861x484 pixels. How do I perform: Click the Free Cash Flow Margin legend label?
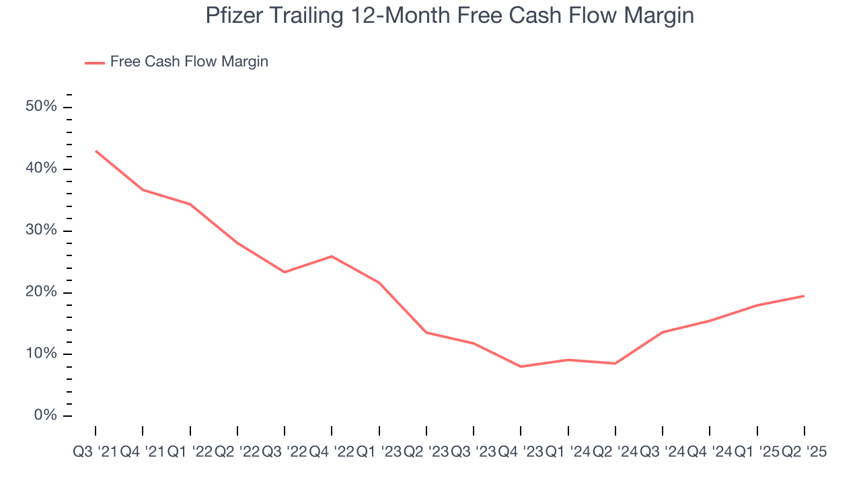[189, 62]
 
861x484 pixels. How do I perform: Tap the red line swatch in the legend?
[95, 63]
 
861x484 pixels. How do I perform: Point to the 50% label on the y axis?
[42, 108]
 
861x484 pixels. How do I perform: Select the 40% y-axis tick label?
[42, 169]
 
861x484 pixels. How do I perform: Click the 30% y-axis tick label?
[42, 231]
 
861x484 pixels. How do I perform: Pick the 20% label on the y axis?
[42, 292]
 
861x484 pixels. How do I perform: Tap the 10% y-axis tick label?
[42, 354]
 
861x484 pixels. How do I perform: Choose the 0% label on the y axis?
[46, 416]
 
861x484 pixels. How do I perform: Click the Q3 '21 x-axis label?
[95, 452]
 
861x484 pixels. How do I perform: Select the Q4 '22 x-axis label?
[332, 452]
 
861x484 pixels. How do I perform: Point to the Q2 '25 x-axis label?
[804, 452]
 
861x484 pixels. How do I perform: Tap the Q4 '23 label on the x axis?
[521, 452]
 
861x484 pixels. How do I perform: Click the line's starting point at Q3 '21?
[96, 151]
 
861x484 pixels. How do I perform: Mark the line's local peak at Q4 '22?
[332, 256]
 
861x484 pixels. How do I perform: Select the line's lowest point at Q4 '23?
[521, 366]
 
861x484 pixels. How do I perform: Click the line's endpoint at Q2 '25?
[804, 296]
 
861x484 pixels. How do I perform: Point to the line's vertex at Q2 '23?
[426, 332]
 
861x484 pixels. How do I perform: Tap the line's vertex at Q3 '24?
[663, 332]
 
